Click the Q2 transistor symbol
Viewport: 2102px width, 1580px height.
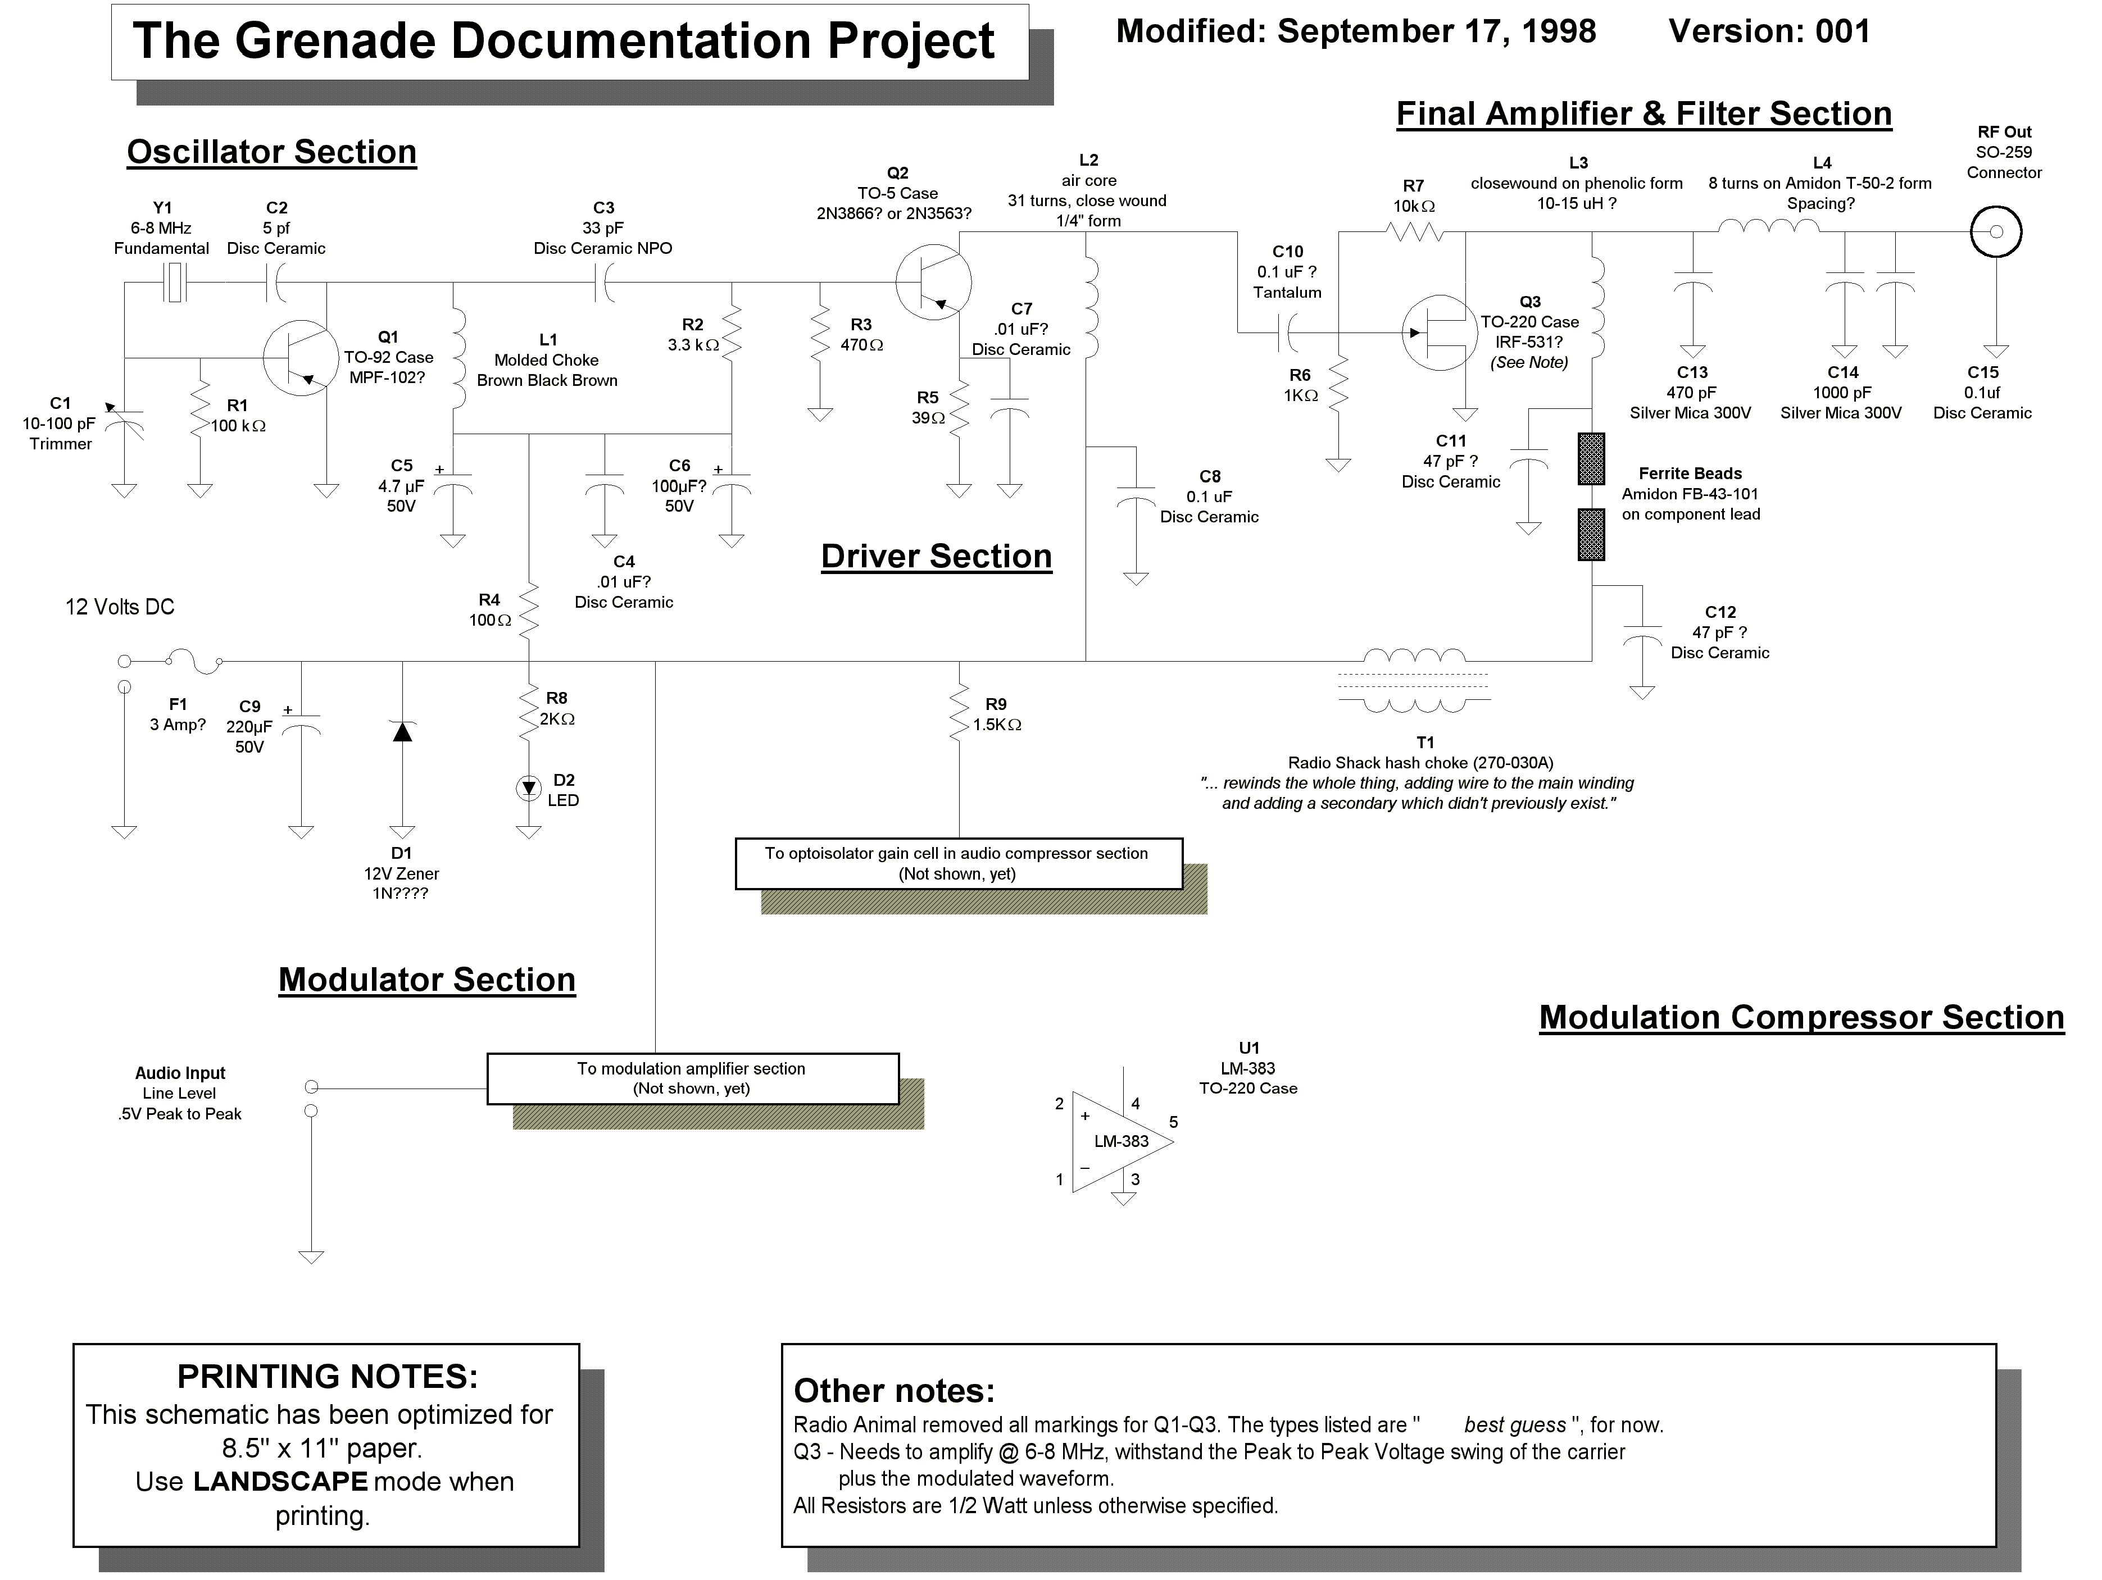[x=933, y=281]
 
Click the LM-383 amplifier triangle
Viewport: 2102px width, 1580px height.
[x=1122, y=1141]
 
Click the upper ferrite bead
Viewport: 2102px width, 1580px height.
[x=1592, y=459]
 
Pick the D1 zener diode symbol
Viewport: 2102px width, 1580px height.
[x=403, y=731]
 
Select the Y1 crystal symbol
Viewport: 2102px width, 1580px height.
[x=175, y=282]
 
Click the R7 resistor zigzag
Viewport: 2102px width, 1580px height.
[x=1415, y=231]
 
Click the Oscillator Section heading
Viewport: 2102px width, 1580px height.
[x=272, y=152]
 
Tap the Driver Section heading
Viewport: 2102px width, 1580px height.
[x=937, y=557]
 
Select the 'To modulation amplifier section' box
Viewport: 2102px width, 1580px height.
[x=693, y=1078]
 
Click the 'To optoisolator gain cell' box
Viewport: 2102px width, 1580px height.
[x=959, y=864]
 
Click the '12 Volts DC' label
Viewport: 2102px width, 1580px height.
[x=120, y=607]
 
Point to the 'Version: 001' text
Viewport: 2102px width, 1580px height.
[x=1769, y=31]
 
